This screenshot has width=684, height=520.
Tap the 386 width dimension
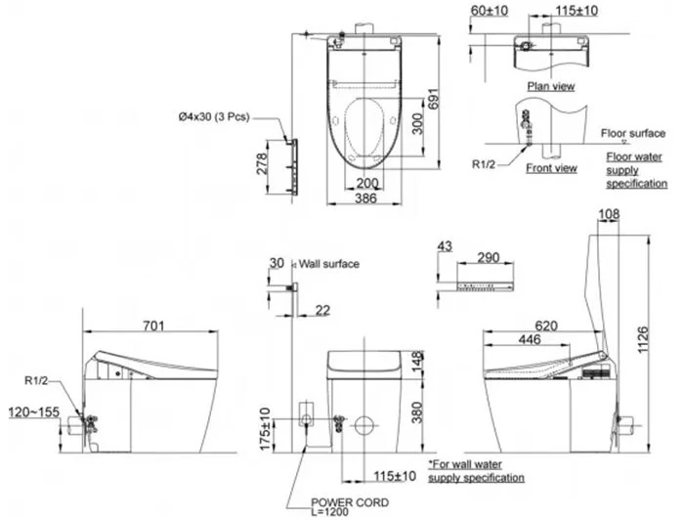[365, 198]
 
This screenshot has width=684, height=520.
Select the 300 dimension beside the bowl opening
[417, 124]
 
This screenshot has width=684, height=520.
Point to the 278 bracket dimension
[261, 163]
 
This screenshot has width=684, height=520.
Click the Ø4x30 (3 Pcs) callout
[214, 116]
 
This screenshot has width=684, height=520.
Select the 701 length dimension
[154, 325]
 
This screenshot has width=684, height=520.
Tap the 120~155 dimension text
[34, 412]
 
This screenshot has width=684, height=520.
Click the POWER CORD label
[350, 502]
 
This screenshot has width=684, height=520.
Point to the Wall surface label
[329, 264]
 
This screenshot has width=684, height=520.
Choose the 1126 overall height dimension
[643, 340]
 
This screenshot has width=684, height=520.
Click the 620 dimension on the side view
[546, 325]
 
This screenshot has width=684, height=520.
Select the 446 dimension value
[530, 339]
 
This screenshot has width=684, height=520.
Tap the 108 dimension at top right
[609, 214]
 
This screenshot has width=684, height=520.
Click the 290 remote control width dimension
[489, 257]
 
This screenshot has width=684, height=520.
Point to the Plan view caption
[551, 86]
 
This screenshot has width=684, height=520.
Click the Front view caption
[551, 168]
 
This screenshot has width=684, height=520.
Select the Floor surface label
[633, 133]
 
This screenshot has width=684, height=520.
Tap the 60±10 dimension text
[489, 11]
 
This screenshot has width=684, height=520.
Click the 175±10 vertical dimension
[265, 429]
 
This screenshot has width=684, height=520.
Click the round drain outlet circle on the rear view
[364, 426]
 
